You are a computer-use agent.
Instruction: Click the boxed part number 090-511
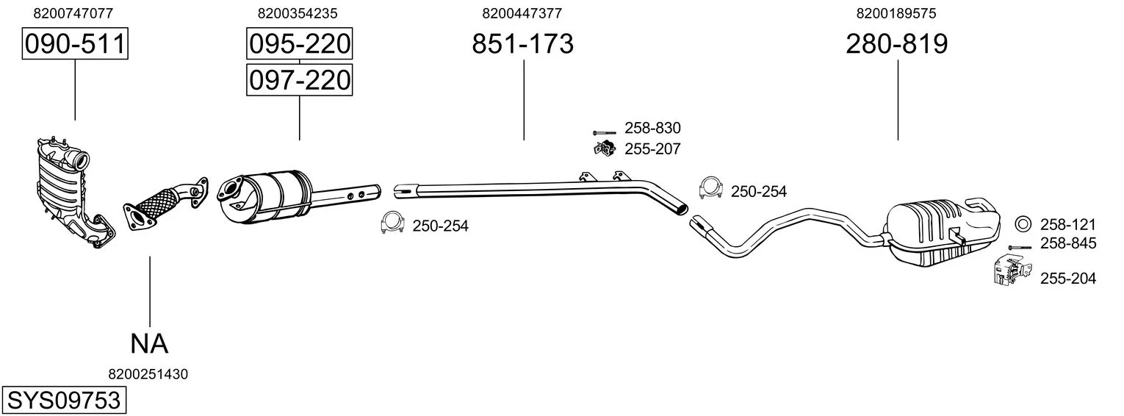(x=75, y=43)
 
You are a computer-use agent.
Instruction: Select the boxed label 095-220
(x=300, y=43)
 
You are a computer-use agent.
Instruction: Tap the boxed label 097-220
(x=300, y=80)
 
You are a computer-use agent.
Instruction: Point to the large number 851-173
(x=522, y=43)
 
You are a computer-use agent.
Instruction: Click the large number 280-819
(x=897, y=43)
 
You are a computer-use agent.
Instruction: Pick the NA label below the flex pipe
(x=149, y=344)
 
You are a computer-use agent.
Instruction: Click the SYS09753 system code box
(x=64, y=401)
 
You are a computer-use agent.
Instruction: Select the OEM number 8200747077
(x=73, y=13)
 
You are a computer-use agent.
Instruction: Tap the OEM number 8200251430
(x=148, y=374)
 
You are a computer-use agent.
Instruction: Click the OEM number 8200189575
(x=896, y=13)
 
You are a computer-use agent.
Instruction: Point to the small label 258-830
(x=652, y=128)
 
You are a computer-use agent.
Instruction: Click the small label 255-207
(x=652, y=149)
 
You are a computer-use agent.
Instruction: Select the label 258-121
(x=1068, y=224)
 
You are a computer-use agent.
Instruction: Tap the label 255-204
(x=1068, y=278)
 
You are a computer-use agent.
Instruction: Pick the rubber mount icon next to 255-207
(x=605, y=148)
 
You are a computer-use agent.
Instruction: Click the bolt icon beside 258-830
(x=604, y=133)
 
